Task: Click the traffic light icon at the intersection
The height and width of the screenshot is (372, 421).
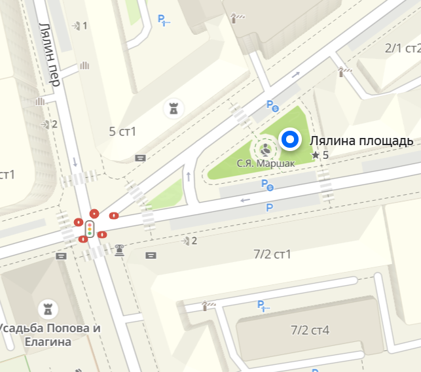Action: [89, 229]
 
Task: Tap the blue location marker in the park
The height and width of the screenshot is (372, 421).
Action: [289, 139]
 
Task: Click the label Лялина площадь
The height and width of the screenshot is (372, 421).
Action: [361, 141]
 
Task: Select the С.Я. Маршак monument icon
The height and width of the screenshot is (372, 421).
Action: [266, 146]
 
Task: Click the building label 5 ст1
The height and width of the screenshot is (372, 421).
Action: [122, 131]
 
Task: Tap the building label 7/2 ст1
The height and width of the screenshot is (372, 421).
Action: [272, 254]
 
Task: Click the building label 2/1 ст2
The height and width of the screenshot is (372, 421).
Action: [402, 48]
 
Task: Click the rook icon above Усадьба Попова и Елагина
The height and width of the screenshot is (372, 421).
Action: [47, 307]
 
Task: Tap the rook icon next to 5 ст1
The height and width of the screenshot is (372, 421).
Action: [174, 108]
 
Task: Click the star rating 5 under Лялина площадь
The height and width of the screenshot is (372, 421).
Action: [320, 156]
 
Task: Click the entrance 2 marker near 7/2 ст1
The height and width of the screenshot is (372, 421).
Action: [190, 241]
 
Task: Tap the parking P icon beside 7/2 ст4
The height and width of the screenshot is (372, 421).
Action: [261, 305]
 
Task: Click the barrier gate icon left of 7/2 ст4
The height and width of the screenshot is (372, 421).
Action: [209, 304]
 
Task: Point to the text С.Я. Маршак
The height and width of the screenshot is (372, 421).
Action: [265, 162]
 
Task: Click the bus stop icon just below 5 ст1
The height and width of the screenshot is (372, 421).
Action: [140, 158]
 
